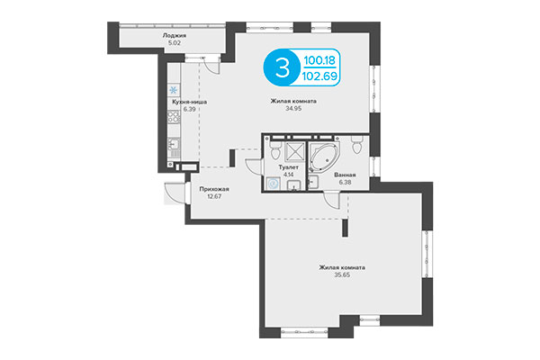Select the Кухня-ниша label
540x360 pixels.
[191, 102]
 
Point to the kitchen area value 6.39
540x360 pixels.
[191, 109]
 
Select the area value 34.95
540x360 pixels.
[292, 109]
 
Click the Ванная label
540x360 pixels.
[344, 175]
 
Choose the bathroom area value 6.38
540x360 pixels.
[344, 182]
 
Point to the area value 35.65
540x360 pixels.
[346, 274]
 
